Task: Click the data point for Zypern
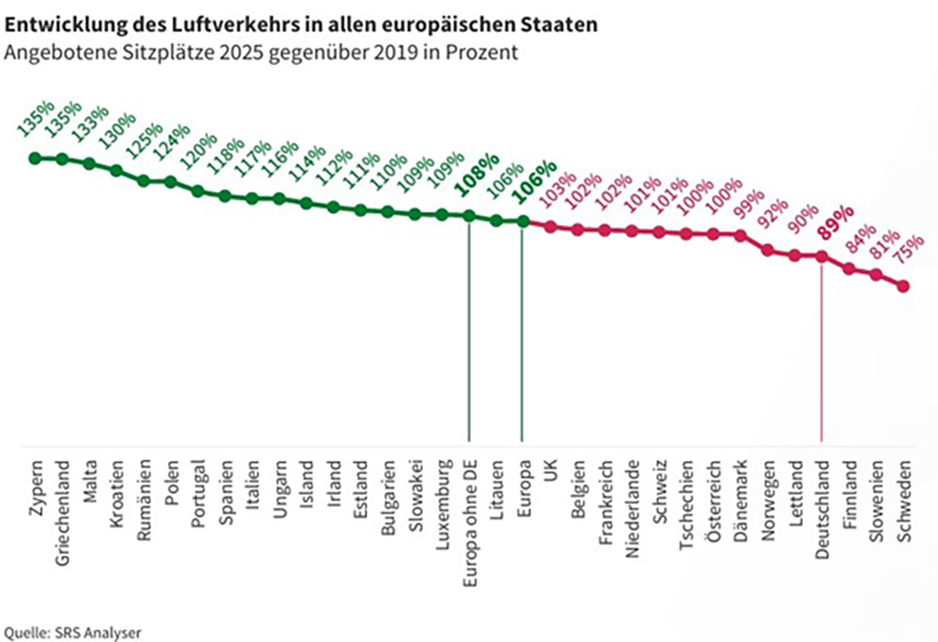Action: pyautogui.click(x=35, y=158)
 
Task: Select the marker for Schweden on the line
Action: pyautogui.click(x=903, y=286)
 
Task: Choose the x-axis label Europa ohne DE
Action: pyautogui.click(x=469, y=518)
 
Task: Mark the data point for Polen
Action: pyautogui.click(x=171, y=181)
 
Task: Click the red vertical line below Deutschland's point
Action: pyautogui.click(x=822, y=357)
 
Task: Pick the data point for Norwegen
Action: pyautogui.click(x=768, y=250)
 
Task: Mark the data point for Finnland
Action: pyautogui.click(x=850, y=268)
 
